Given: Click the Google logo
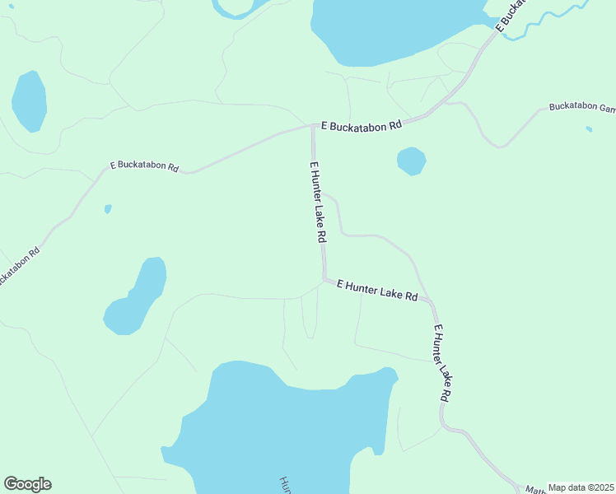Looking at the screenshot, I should pos(27,484).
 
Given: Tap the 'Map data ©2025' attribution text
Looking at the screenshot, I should pos(580,487).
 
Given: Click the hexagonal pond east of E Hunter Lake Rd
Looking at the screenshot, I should pos(411,161).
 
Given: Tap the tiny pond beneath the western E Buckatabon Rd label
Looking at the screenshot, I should pos(108,209).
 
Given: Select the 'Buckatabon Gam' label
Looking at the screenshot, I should pos(581,108).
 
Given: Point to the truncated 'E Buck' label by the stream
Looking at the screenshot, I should pos(511,18).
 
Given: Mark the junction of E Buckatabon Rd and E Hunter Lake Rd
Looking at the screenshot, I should pos(313,127).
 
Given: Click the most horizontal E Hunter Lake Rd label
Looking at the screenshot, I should pos(377,290).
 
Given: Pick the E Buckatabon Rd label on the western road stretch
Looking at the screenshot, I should pos(144,165).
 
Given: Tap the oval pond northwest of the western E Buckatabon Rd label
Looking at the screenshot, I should pos(29,100).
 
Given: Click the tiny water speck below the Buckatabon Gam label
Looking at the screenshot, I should pos(588,129).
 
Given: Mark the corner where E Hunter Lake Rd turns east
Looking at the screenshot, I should pos(324,278).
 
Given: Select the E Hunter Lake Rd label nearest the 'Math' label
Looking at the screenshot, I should pos(442,362).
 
